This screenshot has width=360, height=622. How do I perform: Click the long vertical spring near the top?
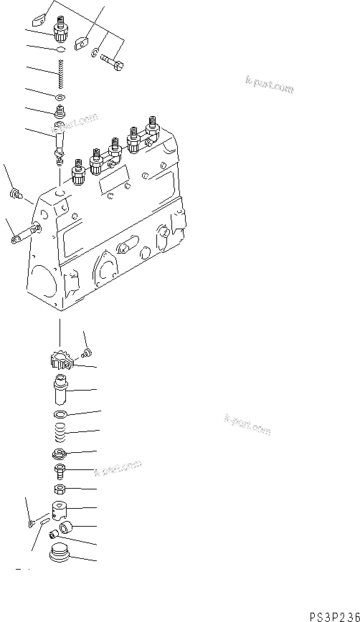click(60, 74)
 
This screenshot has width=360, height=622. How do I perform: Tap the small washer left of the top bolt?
click(95, 51)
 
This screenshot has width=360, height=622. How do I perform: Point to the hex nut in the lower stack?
click(60, 489)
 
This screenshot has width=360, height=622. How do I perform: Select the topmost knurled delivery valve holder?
click(60, 30)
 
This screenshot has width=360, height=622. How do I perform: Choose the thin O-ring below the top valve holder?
click(61, 51)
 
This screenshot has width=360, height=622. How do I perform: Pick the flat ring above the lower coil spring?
click(60, 415)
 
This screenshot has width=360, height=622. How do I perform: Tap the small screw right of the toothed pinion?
click(87, 350)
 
